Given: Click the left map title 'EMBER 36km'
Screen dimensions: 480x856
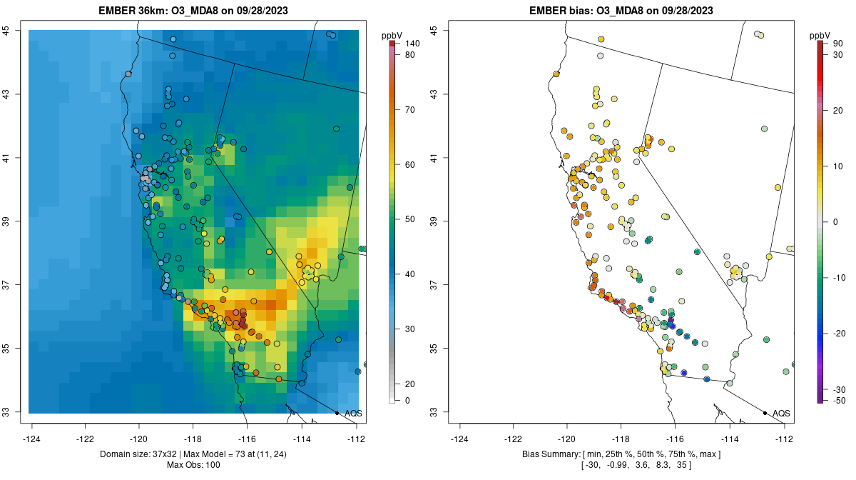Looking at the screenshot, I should (136, 11).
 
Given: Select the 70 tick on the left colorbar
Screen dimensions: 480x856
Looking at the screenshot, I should (410, 110).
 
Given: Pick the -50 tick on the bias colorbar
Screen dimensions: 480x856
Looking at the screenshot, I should (837, 400).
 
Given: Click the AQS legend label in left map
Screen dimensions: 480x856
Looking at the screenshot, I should (353, 414).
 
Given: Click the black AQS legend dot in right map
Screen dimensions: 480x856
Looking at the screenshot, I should (765, 413).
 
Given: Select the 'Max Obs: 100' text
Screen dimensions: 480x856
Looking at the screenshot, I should (193, 465).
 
